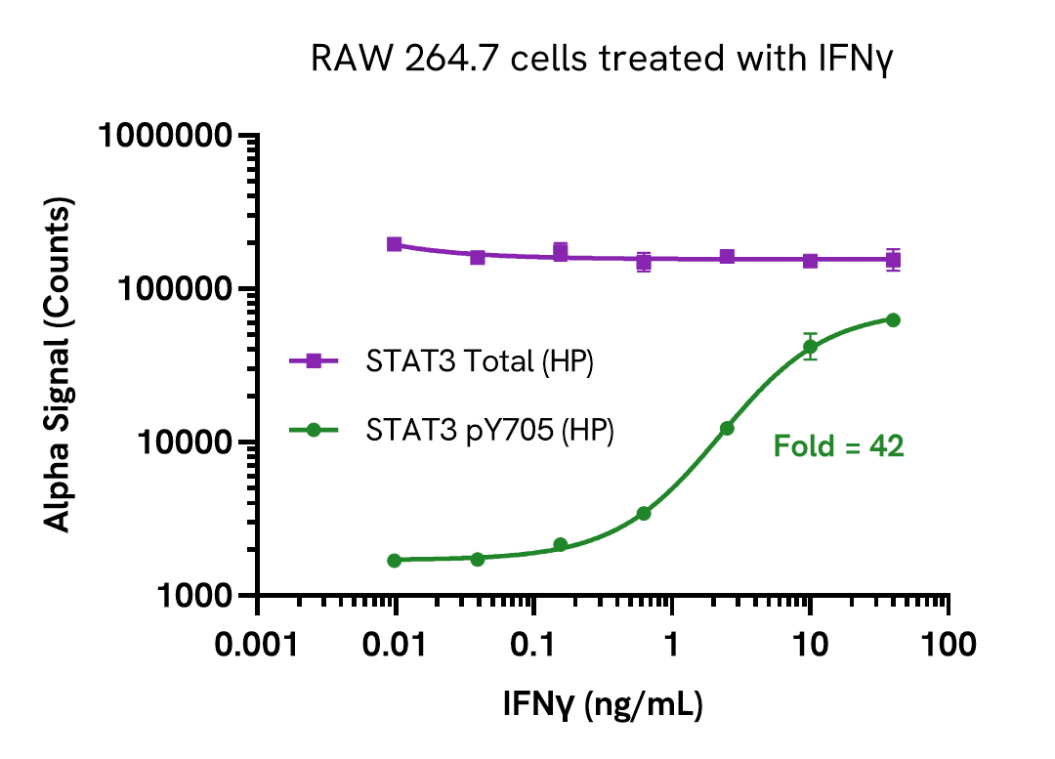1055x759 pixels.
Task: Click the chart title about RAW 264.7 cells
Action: coord(603,60)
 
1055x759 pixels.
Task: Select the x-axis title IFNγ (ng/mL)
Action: coord(603,703)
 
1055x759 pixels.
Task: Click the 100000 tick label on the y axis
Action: coord(182,289)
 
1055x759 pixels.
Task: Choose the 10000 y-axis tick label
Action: coord(191,443)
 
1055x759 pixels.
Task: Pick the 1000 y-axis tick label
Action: coord(201,596)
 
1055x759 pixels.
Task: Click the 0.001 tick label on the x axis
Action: coord(257,645)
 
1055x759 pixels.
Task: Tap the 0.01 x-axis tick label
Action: coord(395,645)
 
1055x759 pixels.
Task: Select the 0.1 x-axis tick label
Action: coord(533,645)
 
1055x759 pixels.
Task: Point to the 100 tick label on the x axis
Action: coord(949,645)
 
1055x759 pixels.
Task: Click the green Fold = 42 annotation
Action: coord(838,447)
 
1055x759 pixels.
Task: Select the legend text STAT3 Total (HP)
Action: coord(480,361)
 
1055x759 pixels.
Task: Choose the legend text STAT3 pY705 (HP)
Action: coord(489,430)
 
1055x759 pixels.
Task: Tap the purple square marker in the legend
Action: coord(314,361)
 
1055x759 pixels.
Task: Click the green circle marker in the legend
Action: coord(314,430)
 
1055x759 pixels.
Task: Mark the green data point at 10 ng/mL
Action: coord(810,347)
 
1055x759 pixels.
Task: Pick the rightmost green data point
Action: coord(893,319)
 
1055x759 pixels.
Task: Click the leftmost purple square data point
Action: coord(395,244)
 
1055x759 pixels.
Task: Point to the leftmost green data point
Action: coord(395,561)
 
